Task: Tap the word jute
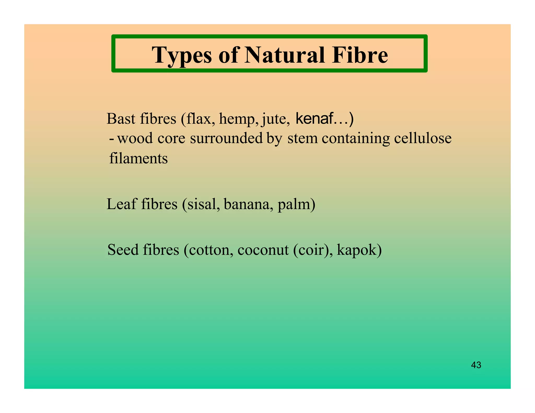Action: pyautogui.click(x=275, y=119)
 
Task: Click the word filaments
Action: pyautogui.click(x=138, y=158)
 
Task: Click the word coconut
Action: pyautogui.click(x=263, y=250)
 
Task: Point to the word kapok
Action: pyautogui.click(x=357, y=250)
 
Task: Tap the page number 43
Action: pyautogui.click(x=476, y=365)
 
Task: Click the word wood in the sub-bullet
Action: pyautogui.click(x=135, y=138)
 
